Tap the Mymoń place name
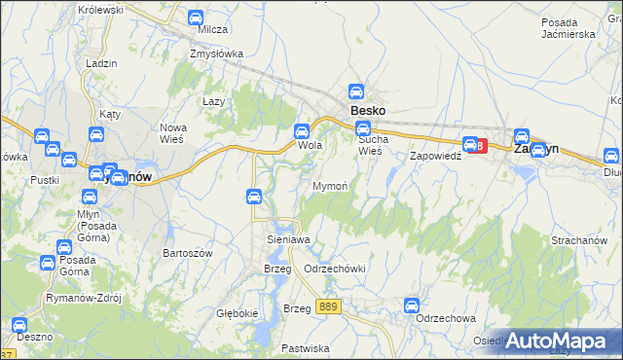[329, 185]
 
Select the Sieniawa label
[288, 239]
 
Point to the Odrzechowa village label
[445, 318]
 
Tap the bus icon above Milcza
[195, 18]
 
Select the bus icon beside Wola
[302, 130]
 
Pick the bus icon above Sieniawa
[253, 197]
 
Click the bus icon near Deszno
[17, 324]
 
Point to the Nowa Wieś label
[178, 133]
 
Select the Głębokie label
[238, 313]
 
